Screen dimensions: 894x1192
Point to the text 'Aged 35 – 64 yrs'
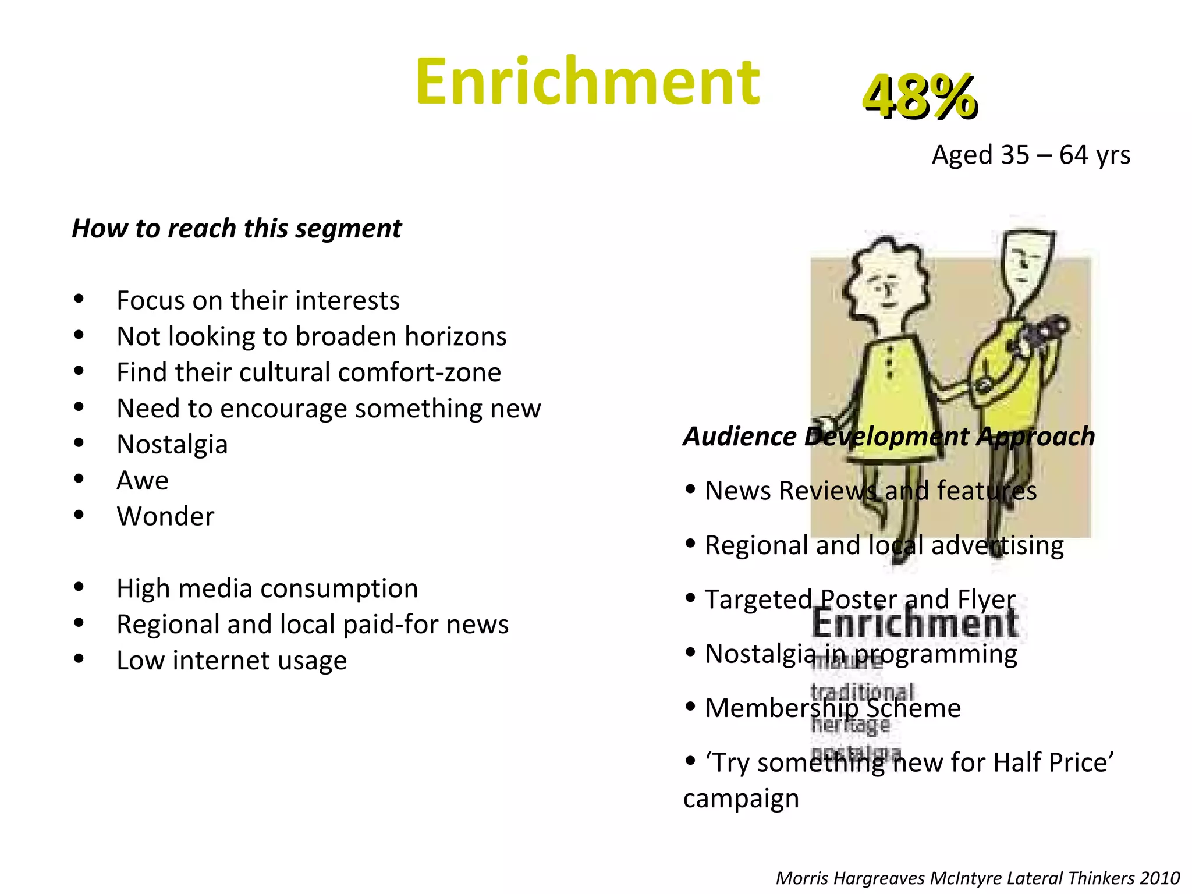[x=1031, y=155]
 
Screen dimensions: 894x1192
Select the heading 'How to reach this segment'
[x=236, y=228]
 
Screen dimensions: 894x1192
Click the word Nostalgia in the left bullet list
[x=172, y=445]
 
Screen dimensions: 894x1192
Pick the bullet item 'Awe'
[x=143, y=481]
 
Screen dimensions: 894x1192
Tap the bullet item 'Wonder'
[x=165, y=517]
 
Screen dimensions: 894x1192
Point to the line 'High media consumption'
[x=267, y=588]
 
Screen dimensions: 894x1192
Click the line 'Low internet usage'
[x=232, y=661]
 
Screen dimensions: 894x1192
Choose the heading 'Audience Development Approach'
[x=889, y=437]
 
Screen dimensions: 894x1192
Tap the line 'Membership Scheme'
[x=832, y=708]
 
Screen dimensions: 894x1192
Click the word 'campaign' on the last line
[x=741, y=799]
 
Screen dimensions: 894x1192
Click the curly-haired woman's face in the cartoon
[x=886, y=288]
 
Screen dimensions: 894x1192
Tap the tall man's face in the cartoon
[x=1027, y=262]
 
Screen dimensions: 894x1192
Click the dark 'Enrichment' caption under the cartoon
[x=914, y=623]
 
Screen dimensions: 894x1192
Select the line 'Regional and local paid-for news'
[x=313, y=625]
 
